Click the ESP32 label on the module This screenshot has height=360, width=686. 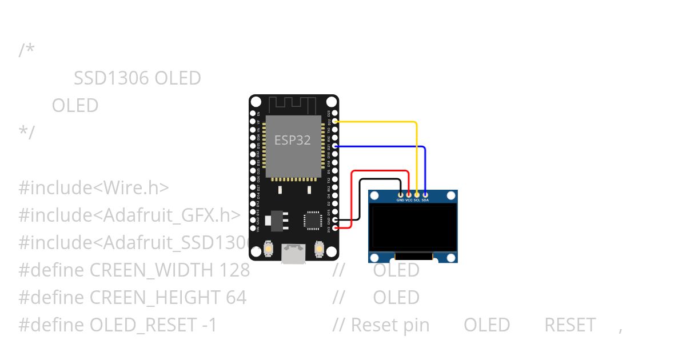click(293, 140)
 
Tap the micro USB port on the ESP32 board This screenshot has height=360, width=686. click(293, 254)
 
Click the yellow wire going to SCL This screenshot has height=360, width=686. click(377, 122)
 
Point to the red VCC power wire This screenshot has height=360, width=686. click(380, 171)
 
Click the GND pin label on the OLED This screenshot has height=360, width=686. click(400, 201)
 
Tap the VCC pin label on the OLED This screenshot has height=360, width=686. click(409, 201)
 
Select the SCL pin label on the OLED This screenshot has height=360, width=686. click(417, 201)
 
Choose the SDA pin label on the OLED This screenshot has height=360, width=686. click(425, 201)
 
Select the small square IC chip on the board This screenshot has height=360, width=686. click(313, 219)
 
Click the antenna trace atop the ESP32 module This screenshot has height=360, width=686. click(293, 105)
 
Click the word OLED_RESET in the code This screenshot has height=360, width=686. click(143, 325)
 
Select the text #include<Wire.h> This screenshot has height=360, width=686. click(94, 187)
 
